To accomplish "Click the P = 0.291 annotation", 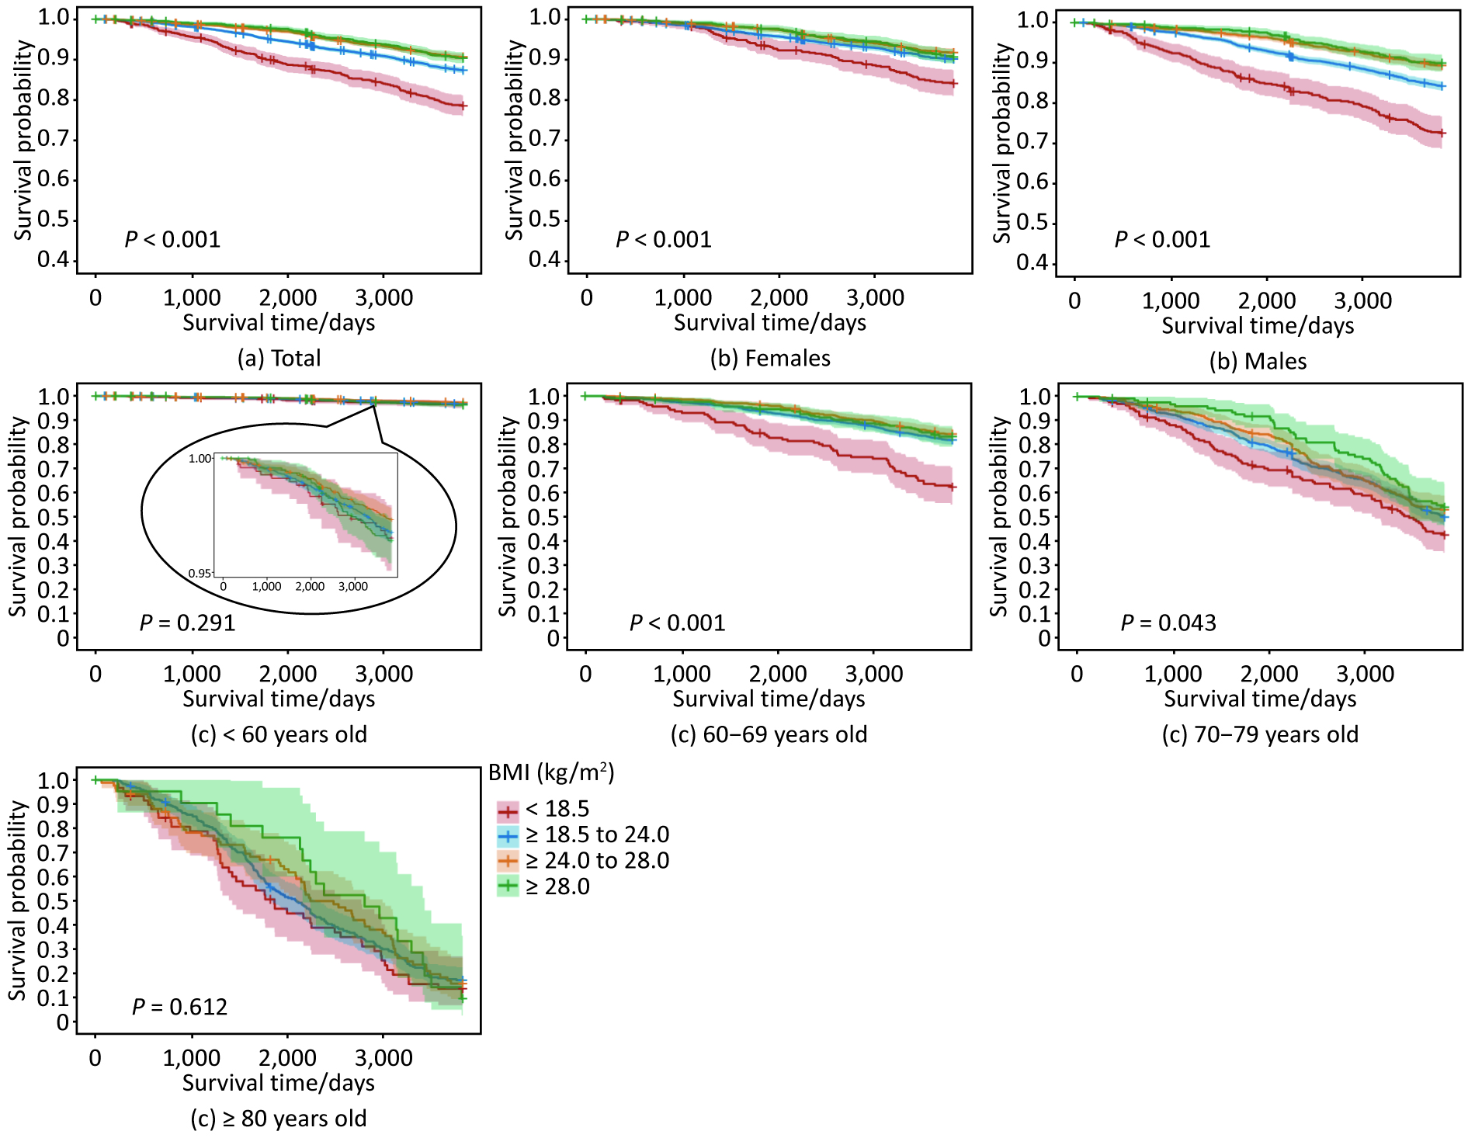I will click(x=187, y=623).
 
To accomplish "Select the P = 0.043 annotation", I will click(x=1168, y=623).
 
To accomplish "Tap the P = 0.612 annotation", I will click(x=179, y=1007).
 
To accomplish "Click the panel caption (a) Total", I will click(x=279, y=358).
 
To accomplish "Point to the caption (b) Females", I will click(x=770, y=358).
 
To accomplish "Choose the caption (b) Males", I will click(x=1258, y=361).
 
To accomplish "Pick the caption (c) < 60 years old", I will click(x=279, y=734).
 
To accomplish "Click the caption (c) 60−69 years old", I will click(x=769, y=734).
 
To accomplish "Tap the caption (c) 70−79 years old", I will click(x=1260, y=734).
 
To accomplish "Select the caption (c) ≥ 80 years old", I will click(x=279, y=1119).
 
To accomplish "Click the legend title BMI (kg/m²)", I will click(x=551, y=772).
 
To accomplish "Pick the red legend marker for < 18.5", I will click(x=508, y=812).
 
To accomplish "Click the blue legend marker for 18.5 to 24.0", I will click(x=508, y=837).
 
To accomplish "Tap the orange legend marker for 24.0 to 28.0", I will click(x=508, y=861).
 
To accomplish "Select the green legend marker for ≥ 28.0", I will click(x=508, y=886).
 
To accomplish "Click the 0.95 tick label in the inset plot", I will click(x=199, y=573).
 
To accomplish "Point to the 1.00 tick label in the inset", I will click(x=200, y=459).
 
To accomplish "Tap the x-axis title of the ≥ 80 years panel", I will click(x=279, y=1083).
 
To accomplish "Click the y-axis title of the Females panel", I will click(x=513, y=140).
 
